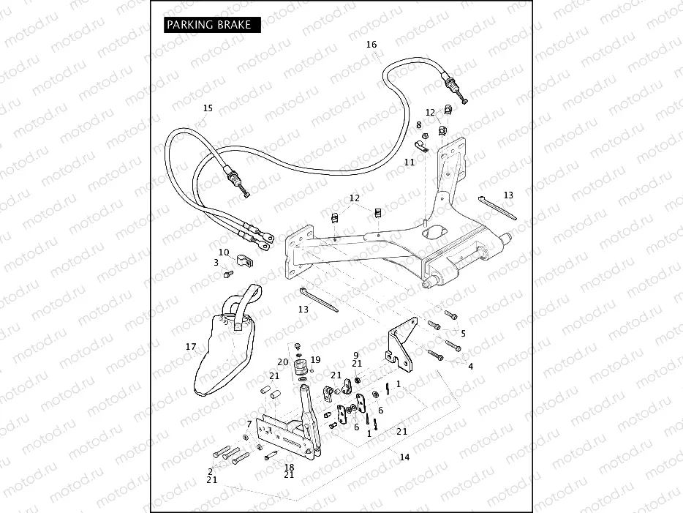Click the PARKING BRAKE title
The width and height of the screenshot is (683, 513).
208,25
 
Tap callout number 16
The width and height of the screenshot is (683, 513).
371,45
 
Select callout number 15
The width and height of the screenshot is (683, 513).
208,108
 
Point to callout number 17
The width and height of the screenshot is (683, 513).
191,347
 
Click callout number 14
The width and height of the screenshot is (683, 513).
404,457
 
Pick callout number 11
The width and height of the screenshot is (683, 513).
410,162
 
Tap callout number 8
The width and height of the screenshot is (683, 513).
418,125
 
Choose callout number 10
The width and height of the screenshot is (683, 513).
224,252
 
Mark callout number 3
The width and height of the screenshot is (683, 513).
216,262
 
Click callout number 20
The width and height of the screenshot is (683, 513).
283,362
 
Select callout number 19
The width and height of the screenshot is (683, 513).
316,359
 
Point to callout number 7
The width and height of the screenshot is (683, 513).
249,424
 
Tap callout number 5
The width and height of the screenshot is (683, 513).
462,333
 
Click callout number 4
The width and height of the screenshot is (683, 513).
470,366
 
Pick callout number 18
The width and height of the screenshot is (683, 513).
289,466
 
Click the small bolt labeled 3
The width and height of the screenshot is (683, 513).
227,275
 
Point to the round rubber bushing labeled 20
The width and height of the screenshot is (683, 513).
298,368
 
